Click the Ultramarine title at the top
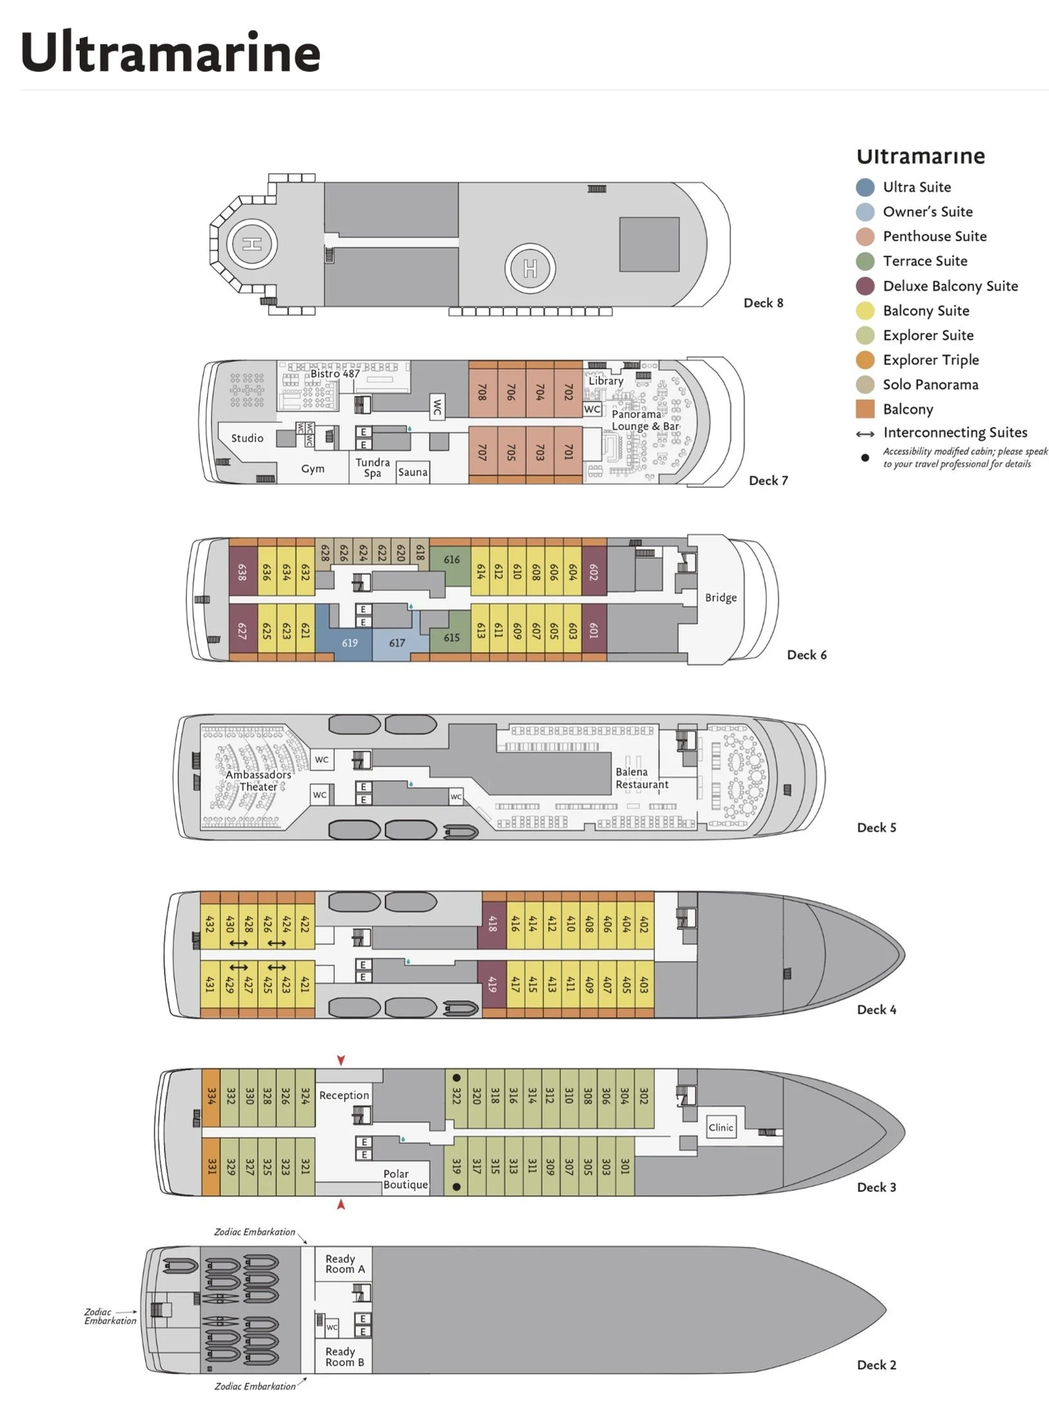(171, 53)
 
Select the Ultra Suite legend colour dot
(865, 187)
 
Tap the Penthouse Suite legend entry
(934, 236)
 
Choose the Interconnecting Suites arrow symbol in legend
(865, 434)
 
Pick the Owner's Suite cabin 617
(397, 643)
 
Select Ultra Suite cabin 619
(350, 643)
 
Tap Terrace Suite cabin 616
(451, 560)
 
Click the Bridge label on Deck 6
(721, 598)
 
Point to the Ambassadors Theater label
(258, 780)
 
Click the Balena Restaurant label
(641, 778)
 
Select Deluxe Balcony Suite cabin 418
(492, 925)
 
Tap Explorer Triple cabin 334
(211, 1097)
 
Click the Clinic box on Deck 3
(721, 1128)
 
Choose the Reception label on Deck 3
(344, 1095)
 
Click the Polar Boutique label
(405, 1179)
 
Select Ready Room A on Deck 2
(345, 1263)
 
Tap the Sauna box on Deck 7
(413, 472)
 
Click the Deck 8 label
(763, 303)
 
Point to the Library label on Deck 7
(606, 381)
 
